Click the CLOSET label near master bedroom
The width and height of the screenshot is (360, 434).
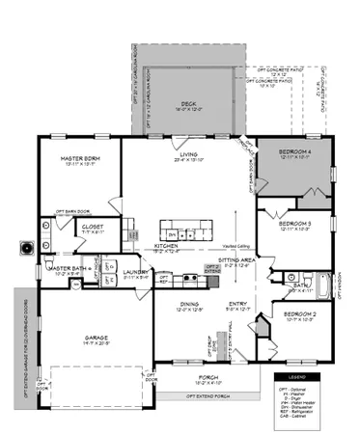tap(94, 228)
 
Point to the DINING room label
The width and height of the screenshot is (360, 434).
tap(188, 306)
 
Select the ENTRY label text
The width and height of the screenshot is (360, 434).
tap(237, 305)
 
